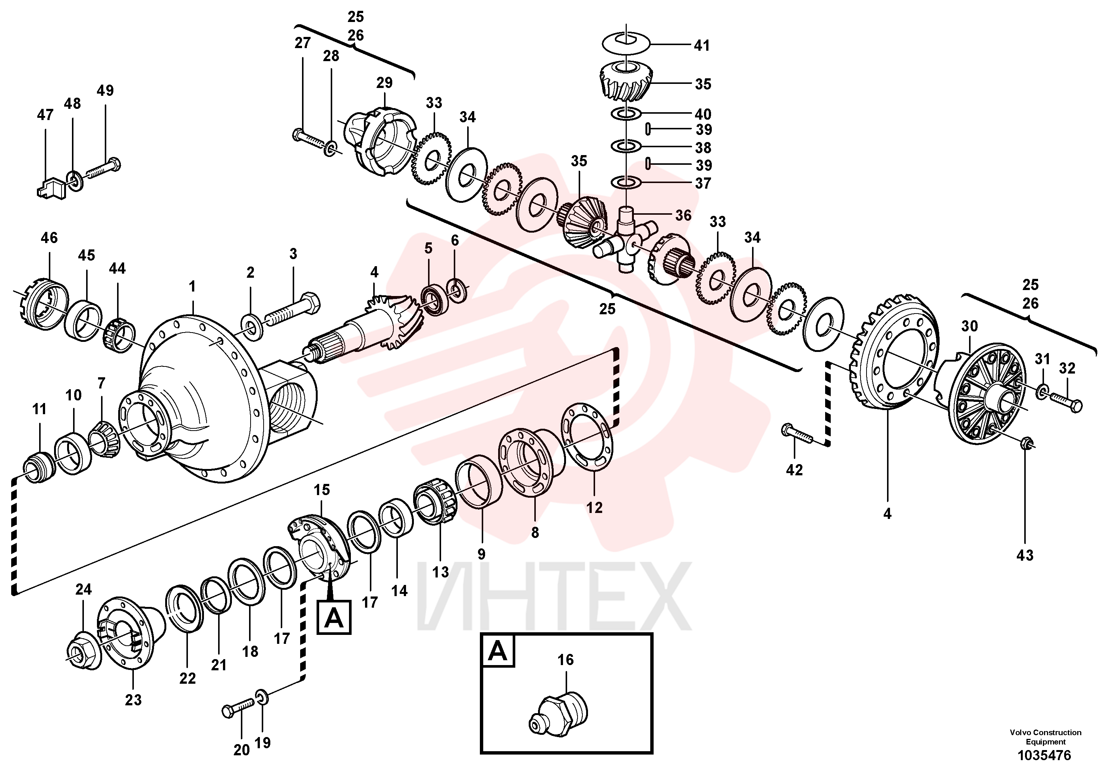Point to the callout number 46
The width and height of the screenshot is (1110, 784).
point(49,238)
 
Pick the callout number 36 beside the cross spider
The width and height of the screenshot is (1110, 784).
point(683,215)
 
